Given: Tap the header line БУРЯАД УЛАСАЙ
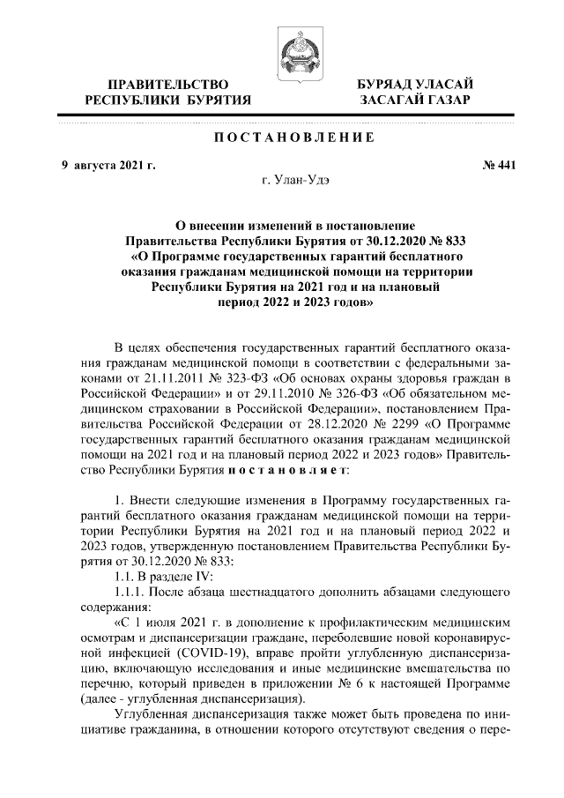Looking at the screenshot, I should (414, 84).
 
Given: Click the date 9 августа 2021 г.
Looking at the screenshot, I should (102, 165).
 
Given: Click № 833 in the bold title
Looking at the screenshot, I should (447, 239).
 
